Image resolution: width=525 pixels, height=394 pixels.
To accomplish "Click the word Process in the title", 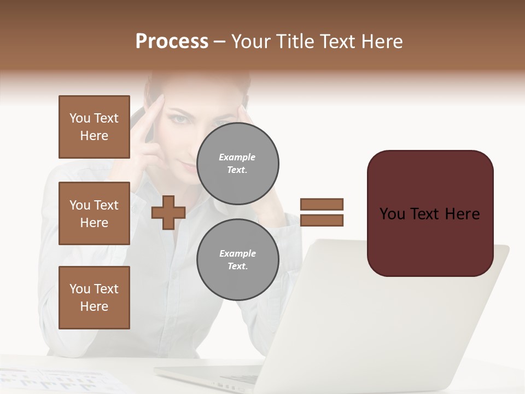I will (172, 42).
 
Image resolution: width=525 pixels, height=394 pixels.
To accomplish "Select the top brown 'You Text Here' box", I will (94, 127).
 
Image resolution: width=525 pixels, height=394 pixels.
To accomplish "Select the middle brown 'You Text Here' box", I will (94, 213).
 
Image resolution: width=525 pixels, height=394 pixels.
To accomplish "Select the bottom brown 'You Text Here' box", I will (94, 298).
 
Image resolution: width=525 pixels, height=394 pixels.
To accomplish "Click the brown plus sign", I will (168, 212).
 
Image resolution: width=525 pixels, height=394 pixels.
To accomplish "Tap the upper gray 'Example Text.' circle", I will (237, 164).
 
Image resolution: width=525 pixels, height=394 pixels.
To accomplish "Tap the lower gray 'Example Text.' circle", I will (237, 260).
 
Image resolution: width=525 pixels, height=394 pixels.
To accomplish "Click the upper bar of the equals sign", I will (322, 204).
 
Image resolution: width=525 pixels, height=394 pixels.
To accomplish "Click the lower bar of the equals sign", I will (322, 220).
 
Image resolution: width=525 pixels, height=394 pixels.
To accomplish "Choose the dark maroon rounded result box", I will (430, 213).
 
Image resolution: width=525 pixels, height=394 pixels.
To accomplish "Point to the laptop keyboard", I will (241, 378).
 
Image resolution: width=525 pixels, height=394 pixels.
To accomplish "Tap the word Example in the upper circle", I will (237, 158).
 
